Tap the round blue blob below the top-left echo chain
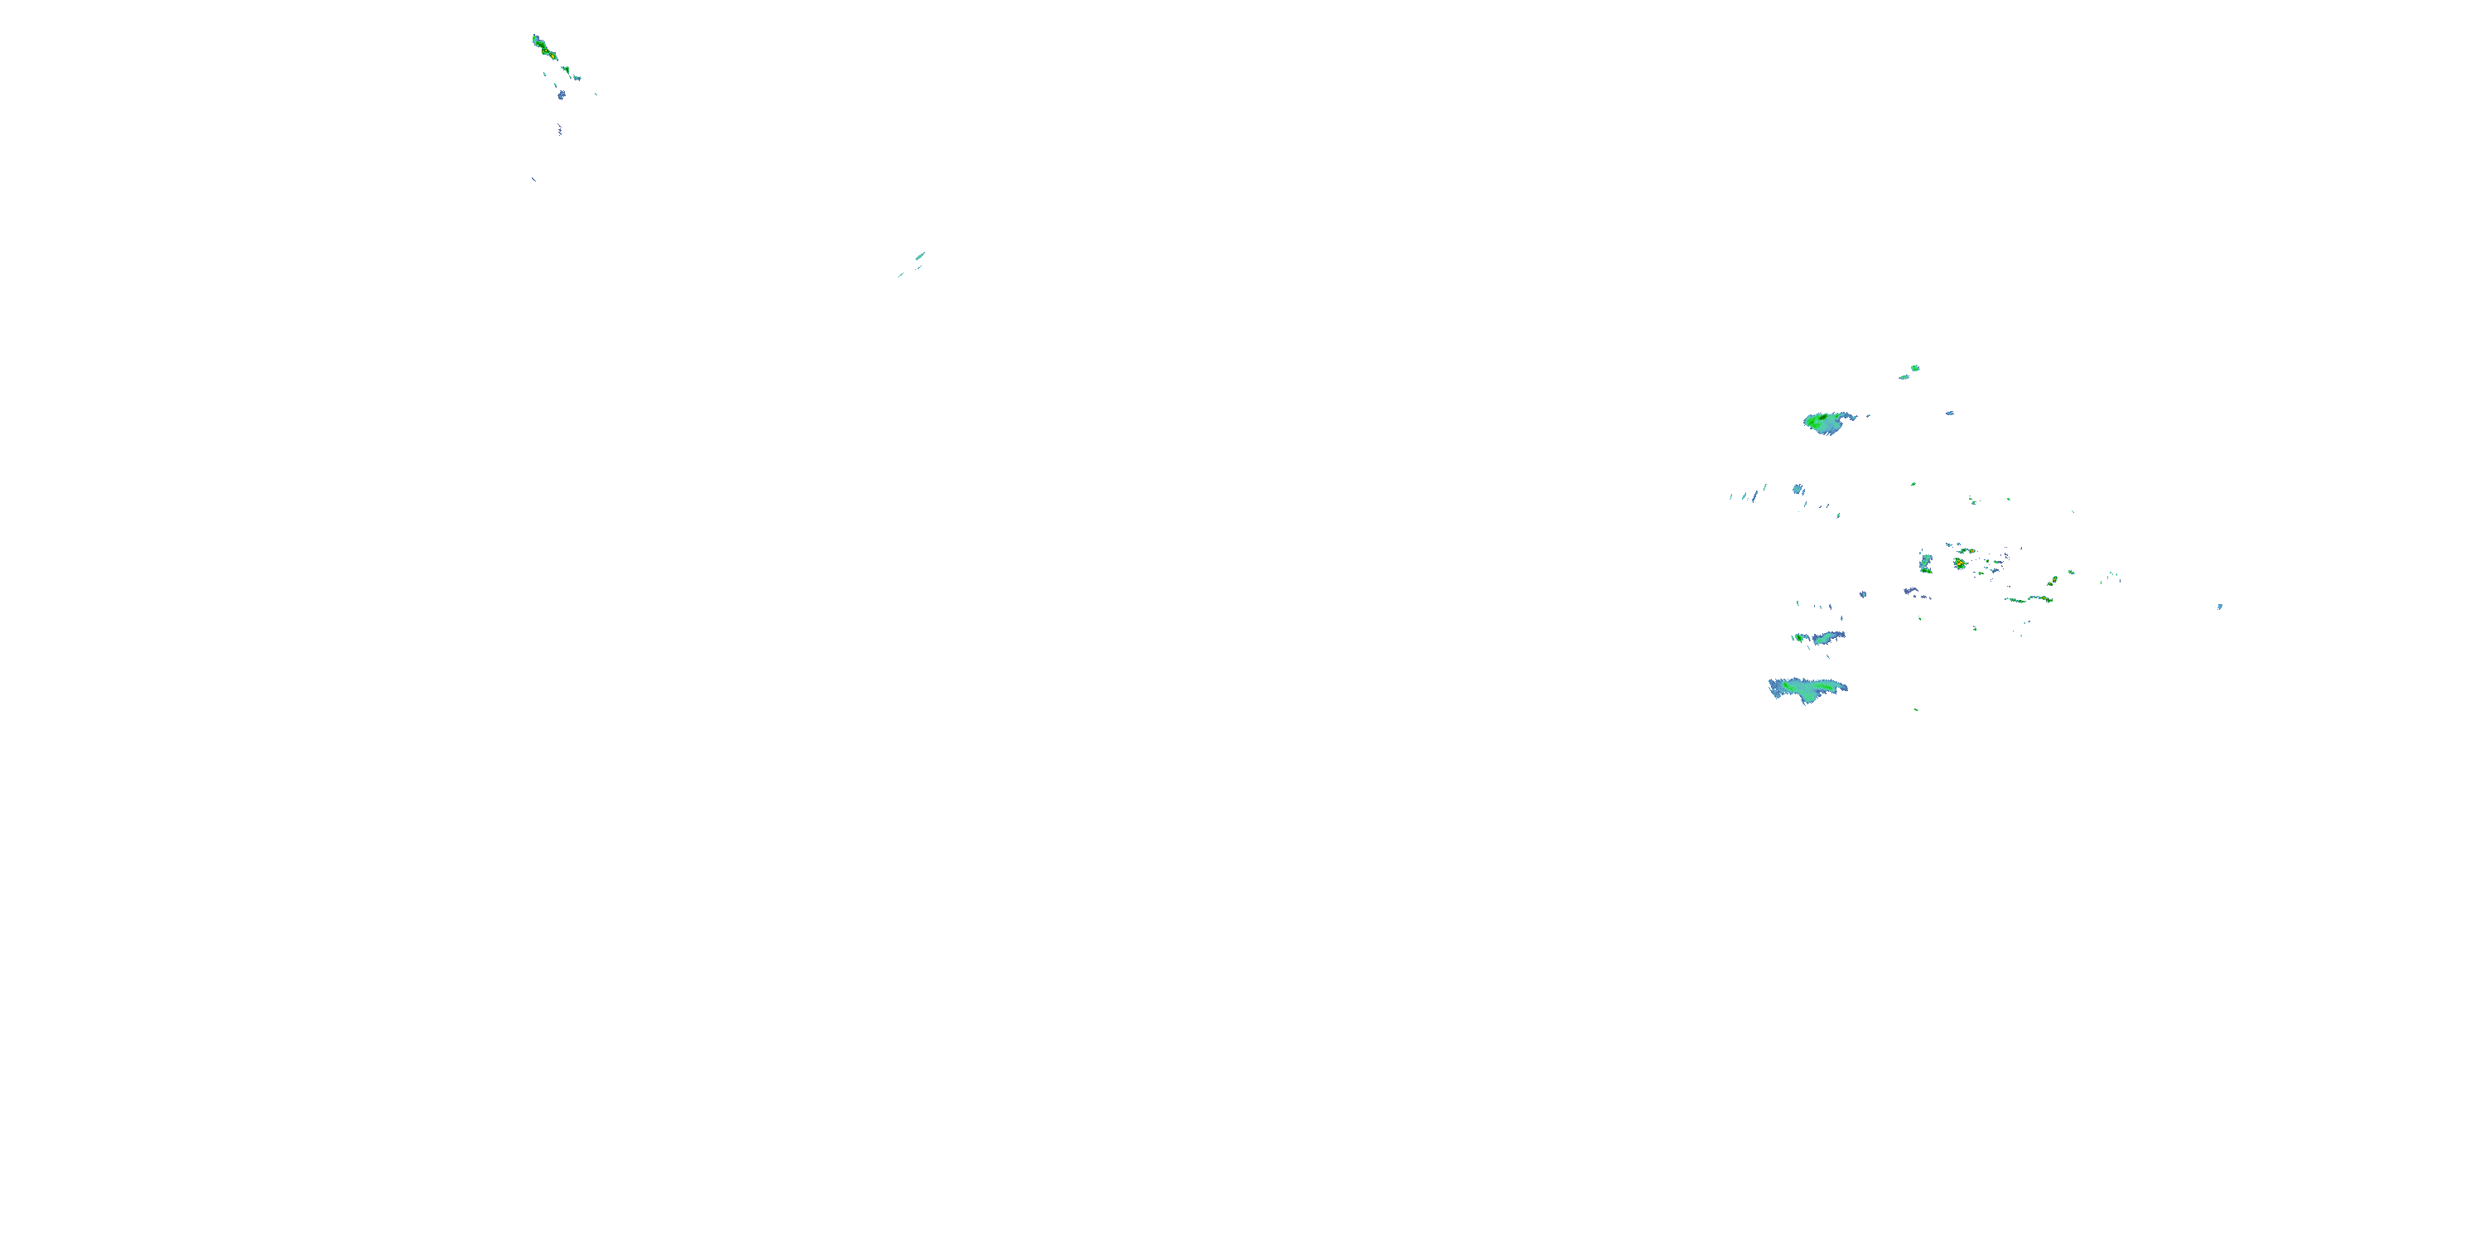coord(562,94)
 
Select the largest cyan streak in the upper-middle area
coord(920,256)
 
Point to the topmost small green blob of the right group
coord(1915,368)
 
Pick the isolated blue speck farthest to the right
coord(2220,606)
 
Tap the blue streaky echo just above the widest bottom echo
coord(1822,638)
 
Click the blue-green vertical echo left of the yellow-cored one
coord(1926,563)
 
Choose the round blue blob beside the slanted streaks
coord(1798,489)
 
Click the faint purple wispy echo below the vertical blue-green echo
coord(1915,593)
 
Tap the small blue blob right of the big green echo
coord(1950,413)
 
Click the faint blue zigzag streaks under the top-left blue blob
coord(559,129)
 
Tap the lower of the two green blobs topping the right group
coord(1904,376)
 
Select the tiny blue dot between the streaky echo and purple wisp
coord(1863,593)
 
